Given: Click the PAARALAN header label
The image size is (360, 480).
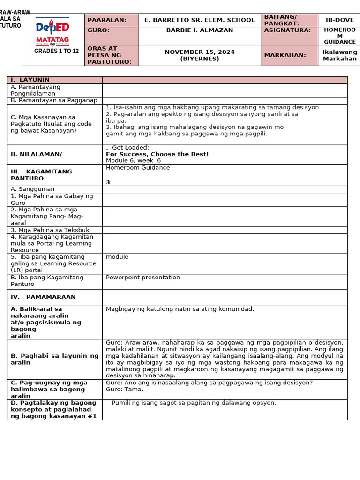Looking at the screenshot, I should [107, 20].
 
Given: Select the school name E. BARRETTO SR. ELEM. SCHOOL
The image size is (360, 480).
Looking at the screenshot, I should [199, 20].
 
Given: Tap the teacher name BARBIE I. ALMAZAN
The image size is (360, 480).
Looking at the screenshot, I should [199, 30].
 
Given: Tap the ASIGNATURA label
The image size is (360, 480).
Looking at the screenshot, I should [281, 30].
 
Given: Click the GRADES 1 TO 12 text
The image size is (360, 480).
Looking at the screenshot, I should [56, 51].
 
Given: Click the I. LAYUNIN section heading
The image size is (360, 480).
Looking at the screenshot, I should [30, 80].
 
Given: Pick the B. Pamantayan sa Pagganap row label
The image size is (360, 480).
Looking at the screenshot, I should [54, 100].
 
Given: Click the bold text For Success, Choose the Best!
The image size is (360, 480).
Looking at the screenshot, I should [157, 154].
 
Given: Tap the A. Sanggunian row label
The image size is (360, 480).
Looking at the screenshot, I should [32, 189].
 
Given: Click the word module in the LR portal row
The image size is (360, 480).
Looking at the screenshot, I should [117, 257].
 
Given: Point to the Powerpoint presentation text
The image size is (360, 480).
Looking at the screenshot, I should [142, 277].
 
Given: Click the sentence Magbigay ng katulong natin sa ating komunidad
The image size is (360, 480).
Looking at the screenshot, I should [180, 309].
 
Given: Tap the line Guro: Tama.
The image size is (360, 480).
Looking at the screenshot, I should [125, 390].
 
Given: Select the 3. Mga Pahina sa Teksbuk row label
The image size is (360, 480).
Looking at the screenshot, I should [50, 230].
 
